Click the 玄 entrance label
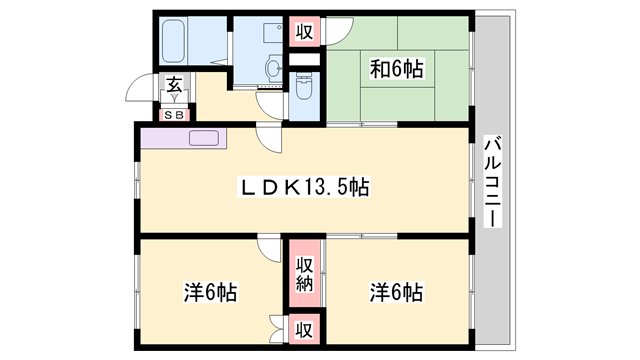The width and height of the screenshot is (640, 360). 174,86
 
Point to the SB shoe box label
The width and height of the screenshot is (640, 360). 174,114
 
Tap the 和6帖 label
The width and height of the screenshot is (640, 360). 398,69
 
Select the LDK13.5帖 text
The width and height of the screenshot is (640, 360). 304,186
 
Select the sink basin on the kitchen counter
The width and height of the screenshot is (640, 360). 205,138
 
